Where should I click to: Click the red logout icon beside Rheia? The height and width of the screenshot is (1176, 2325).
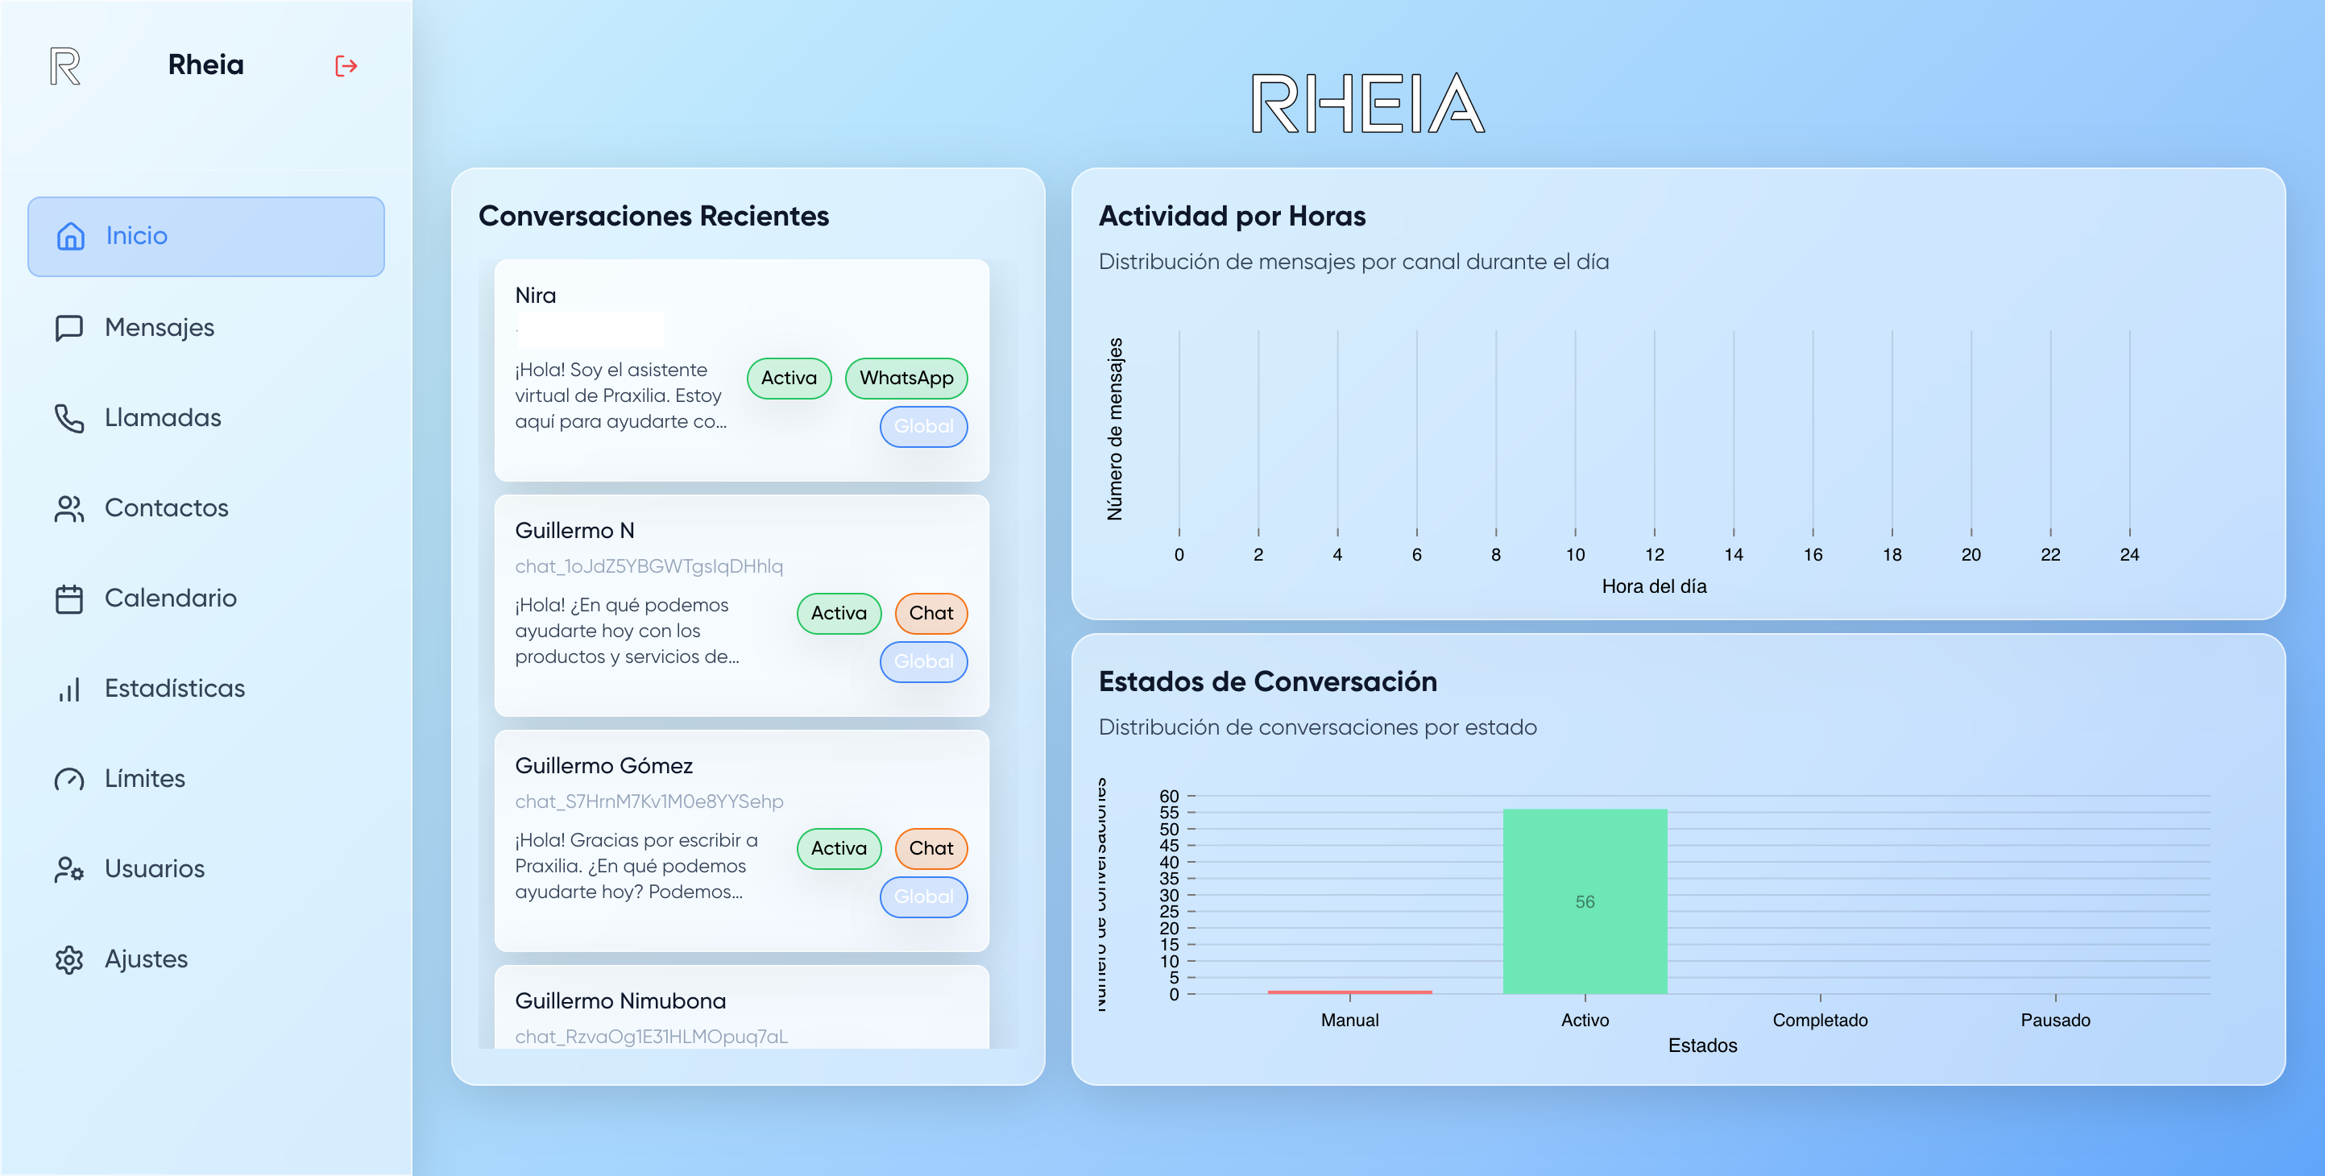coord(346,66)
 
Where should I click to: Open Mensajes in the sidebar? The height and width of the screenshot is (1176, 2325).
coord(159,328)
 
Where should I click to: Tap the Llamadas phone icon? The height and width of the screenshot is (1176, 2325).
coord(69,418)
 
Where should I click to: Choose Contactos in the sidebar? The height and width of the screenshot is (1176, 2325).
coord(166,508)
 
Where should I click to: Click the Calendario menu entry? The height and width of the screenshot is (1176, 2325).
coord(170,598)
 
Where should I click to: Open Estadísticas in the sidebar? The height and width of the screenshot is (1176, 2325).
coord(174,689)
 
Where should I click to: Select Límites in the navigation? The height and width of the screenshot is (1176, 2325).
coord(144,779)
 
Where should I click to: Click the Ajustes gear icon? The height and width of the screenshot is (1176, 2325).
coord(69,959)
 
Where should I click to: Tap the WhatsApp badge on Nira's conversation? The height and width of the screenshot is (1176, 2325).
coord(906,378)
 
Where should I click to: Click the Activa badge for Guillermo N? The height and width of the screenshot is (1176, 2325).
coord(838,614)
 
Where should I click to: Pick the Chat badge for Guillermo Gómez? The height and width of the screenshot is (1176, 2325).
coord(930,848)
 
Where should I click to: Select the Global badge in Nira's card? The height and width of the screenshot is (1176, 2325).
coord(923,427)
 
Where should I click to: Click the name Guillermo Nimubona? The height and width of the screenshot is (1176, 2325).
coord(620,1001)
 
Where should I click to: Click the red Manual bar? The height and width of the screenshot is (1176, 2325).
coord(1349,992)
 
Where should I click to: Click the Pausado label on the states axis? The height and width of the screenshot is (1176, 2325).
coord(2055,1020)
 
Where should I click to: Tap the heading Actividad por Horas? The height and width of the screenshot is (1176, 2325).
coord(1232,217)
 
